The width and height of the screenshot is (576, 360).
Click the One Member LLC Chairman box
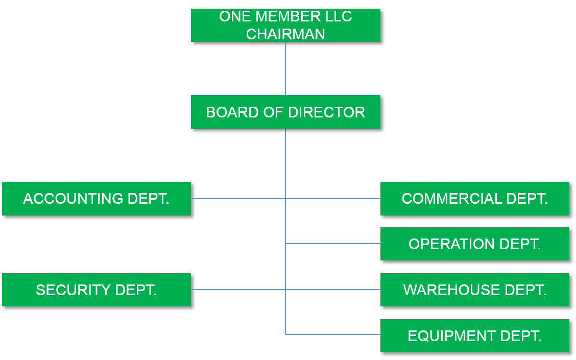point(285,25)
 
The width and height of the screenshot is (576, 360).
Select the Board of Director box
point(285,112)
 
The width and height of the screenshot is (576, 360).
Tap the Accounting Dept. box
point(97,199)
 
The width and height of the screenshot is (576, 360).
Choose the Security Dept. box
point(97,290)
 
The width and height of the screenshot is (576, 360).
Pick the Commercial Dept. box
point(474,199)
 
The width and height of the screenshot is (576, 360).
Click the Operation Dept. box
point(474,244)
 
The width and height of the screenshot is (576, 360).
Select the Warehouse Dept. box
point(474,290)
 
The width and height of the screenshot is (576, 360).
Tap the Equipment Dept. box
point(474,335)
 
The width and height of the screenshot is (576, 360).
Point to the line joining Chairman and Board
point(285,68)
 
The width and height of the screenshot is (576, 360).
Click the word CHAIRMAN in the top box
point(285,34)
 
